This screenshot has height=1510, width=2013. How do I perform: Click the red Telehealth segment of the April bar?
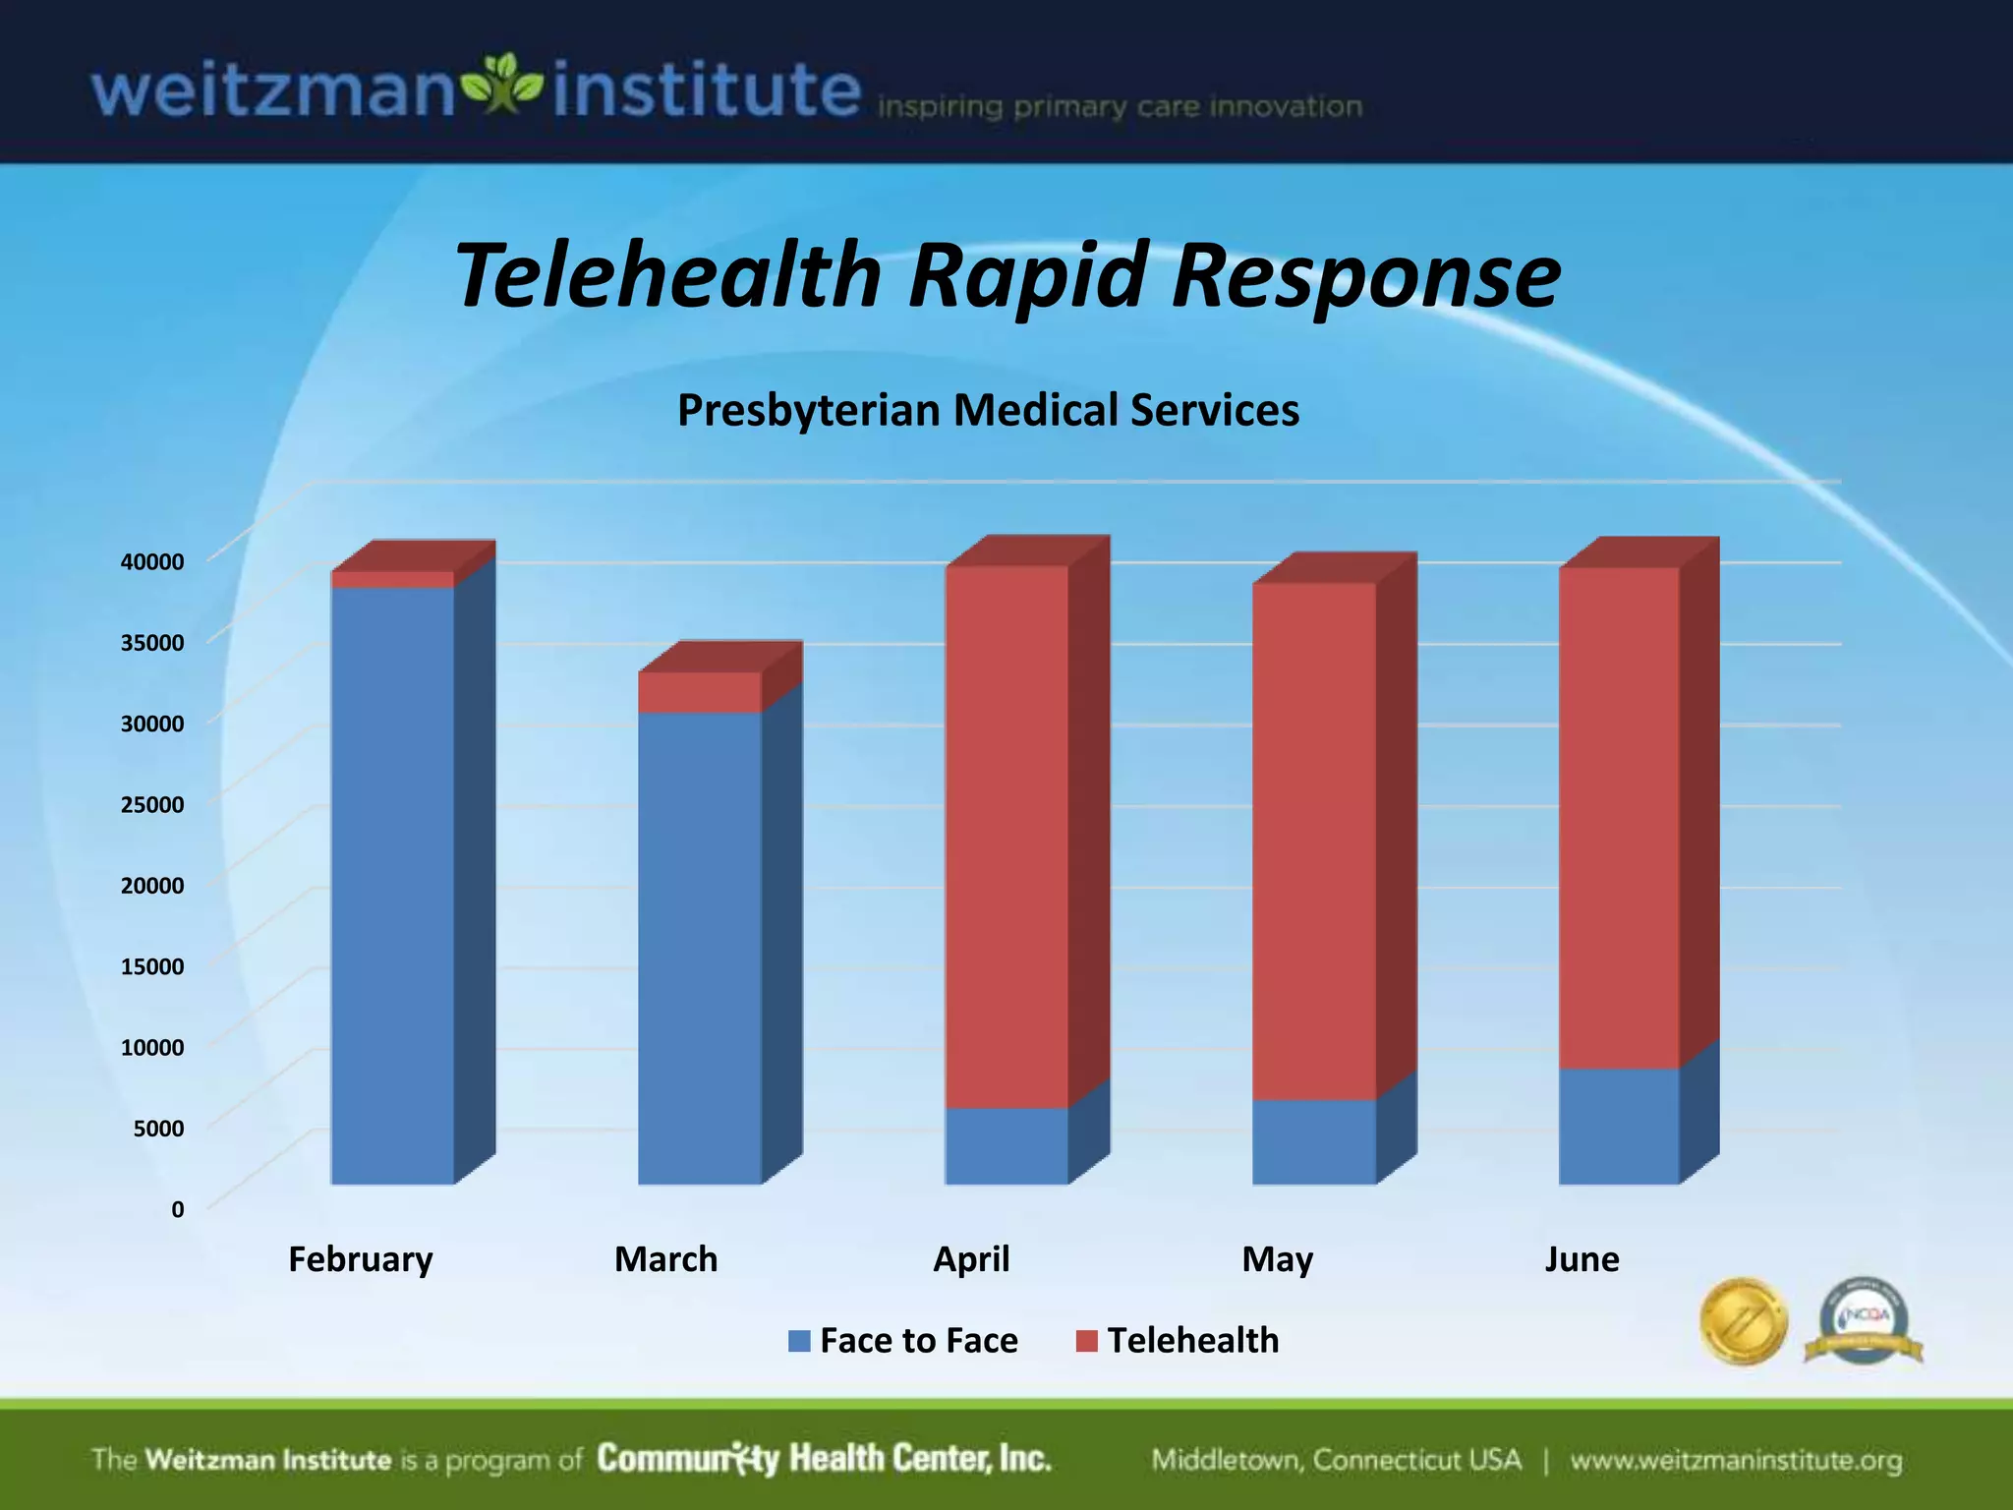click(1006, 836)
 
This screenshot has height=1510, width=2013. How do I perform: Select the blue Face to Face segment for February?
click(392, 885)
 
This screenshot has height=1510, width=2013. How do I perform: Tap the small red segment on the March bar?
click(699, 692)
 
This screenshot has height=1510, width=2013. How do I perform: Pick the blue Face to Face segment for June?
click(1619, 1126)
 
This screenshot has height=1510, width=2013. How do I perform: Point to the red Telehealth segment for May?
click(1313, 841)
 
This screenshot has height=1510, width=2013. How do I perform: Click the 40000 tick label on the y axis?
click(152, 562)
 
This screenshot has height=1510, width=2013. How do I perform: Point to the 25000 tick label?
click(152, 805)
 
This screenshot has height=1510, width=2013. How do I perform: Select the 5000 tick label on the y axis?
click(158, 1129)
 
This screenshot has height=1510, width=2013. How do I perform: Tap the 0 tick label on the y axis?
click(178, 1210)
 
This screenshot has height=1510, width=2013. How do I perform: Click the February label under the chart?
click(360, 1259)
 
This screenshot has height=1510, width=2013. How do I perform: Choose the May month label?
click(1277, 1259)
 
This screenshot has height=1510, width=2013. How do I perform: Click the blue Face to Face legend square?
click(799, 1341)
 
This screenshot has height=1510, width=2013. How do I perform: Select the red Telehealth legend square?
click(1086, 1341)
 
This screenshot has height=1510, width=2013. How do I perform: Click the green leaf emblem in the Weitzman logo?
click(502, 84)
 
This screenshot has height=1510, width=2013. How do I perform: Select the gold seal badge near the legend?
click(1743, 1321)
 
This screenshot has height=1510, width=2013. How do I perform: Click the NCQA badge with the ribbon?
click(1864, 1321)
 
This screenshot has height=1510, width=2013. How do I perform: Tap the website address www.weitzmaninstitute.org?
click(1736, 1461)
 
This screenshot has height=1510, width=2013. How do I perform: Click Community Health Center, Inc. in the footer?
click(824, 1459)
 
